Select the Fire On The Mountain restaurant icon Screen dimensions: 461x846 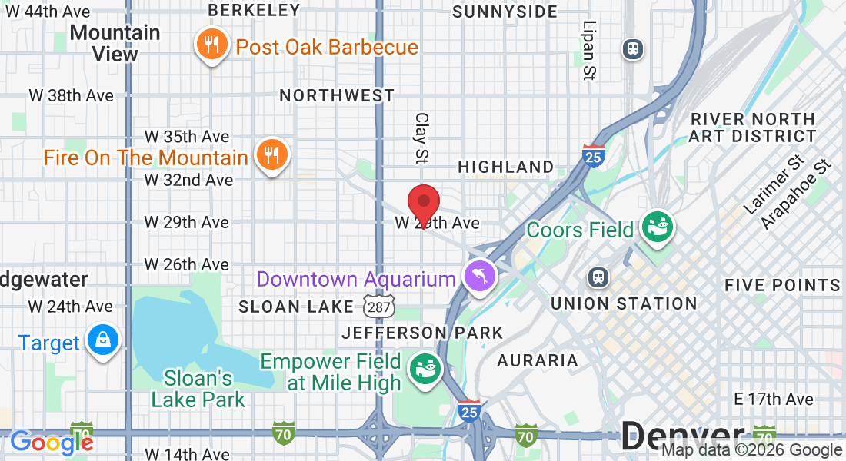coord(271,156)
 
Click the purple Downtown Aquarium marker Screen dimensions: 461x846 coord(480,277)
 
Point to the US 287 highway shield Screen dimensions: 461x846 coord(380,307)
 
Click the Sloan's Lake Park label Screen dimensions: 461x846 coord(198,389)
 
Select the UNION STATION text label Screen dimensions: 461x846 coord(624,303)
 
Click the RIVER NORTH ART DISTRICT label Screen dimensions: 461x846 coord(753,128)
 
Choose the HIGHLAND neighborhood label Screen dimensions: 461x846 coord(505,167)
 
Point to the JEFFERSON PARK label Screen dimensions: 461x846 coord(422,333)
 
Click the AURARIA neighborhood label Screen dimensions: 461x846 coord(537,360)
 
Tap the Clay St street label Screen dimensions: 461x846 coord(421,138)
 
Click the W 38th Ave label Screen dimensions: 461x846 coord(71,95)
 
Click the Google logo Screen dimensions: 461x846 coord(51,442)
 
